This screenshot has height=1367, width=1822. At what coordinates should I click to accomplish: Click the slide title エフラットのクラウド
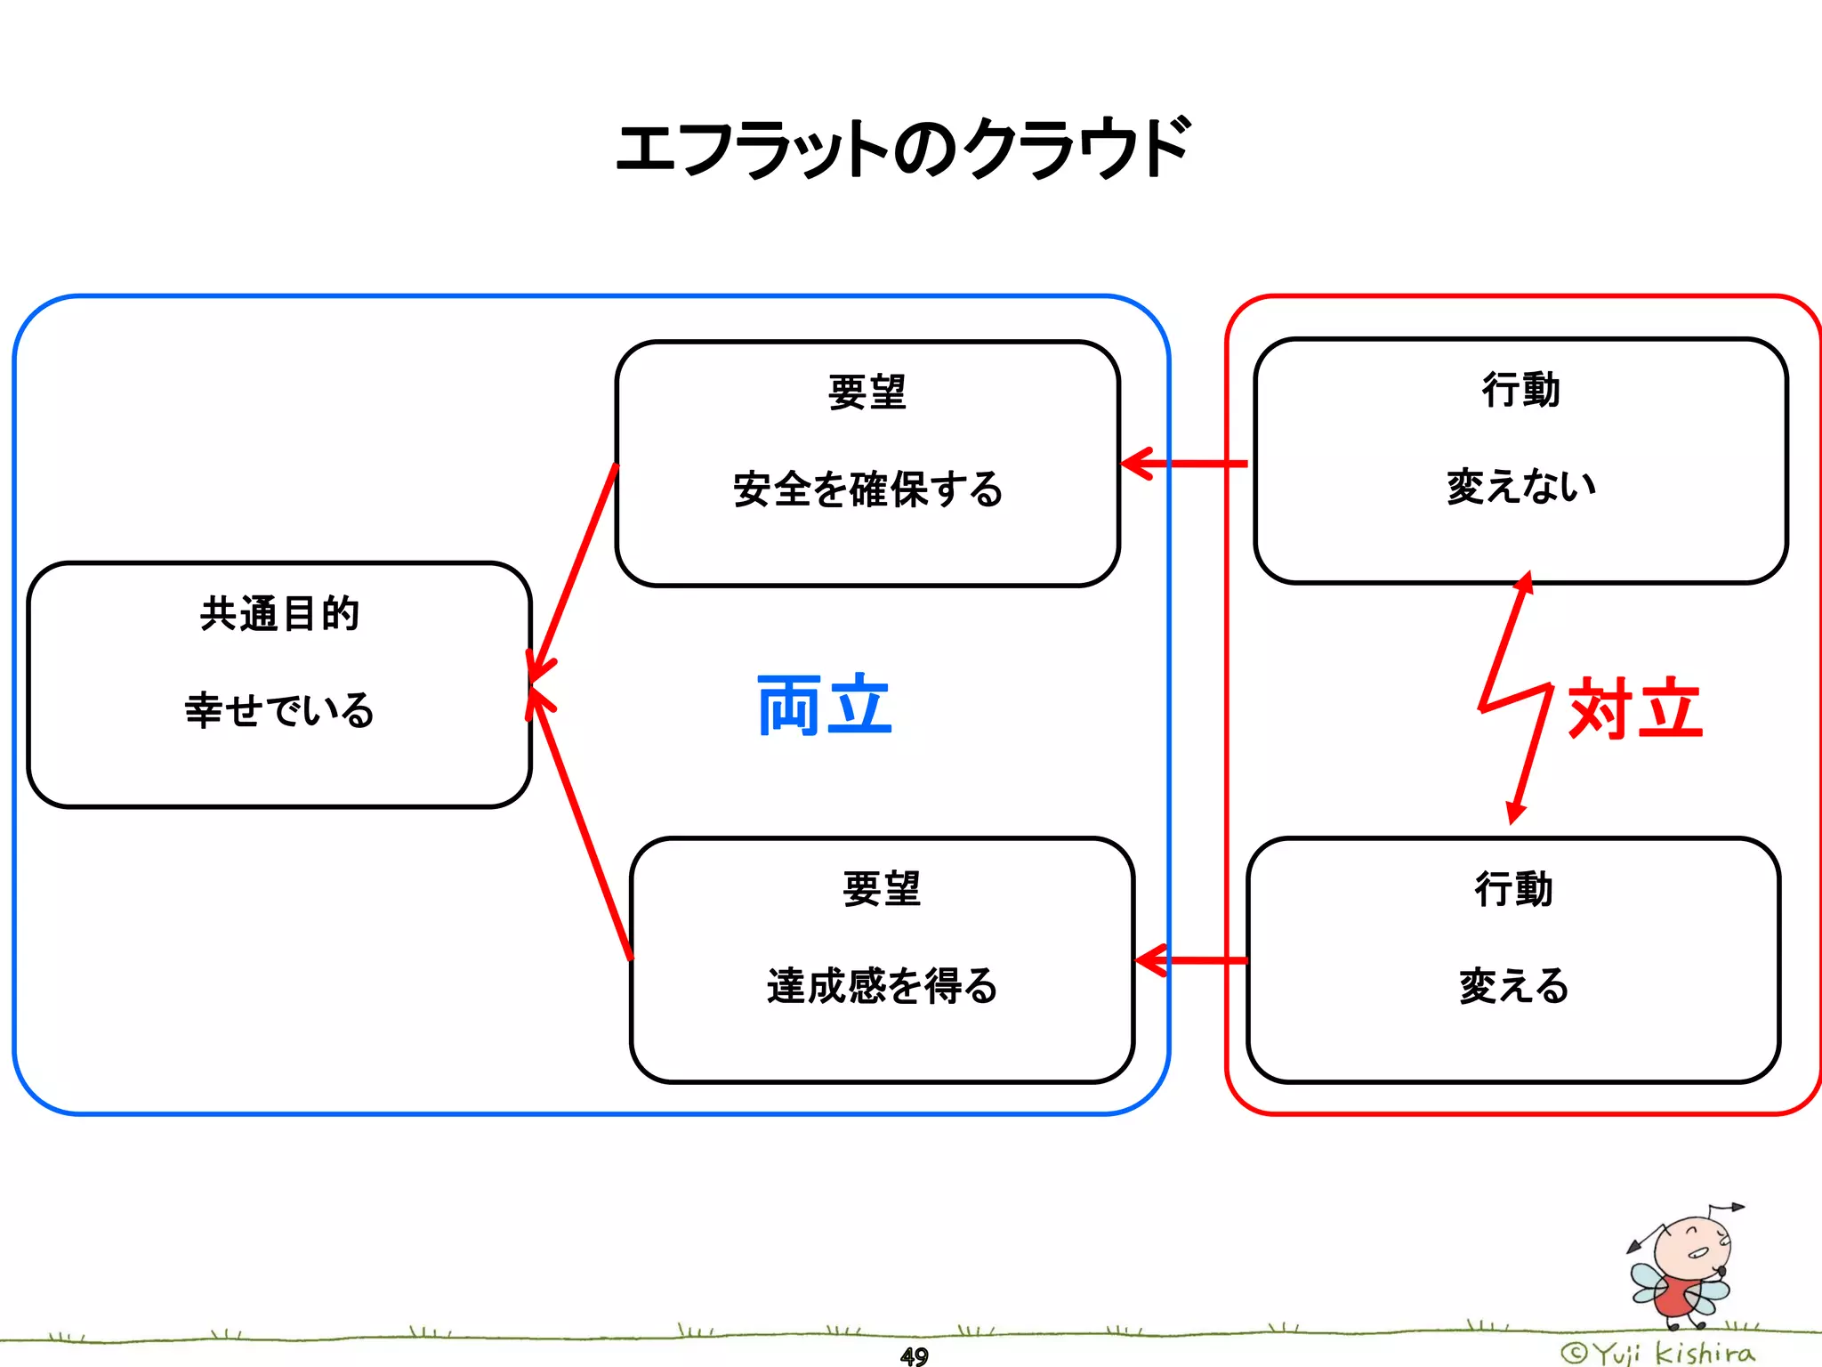click(902, 148)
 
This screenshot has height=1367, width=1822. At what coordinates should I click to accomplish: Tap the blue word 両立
click(824, 705)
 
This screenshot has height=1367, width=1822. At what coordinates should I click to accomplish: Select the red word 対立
click(1635, 708)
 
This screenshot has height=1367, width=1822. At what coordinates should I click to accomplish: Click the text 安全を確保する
click(867, 489)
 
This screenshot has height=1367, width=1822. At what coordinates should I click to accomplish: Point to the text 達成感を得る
click(882, 986)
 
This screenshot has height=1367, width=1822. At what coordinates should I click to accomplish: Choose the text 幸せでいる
click(279, 710)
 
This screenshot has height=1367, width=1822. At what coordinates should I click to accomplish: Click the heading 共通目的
click(279, 614)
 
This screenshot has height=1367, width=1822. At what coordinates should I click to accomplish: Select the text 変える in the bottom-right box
click(1513, 986)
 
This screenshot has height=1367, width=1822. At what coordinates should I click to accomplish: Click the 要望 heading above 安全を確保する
click(867, 392)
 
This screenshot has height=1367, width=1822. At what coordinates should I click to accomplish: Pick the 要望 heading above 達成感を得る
click(882, 889)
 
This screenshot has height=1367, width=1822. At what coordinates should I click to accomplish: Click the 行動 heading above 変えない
click(1520, 390)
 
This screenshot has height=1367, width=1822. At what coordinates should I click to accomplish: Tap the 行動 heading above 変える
click(1513, 889)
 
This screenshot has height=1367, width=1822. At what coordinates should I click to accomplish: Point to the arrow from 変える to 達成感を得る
click(1192, 960)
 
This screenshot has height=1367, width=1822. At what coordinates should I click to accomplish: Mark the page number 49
click(914, 1355)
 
